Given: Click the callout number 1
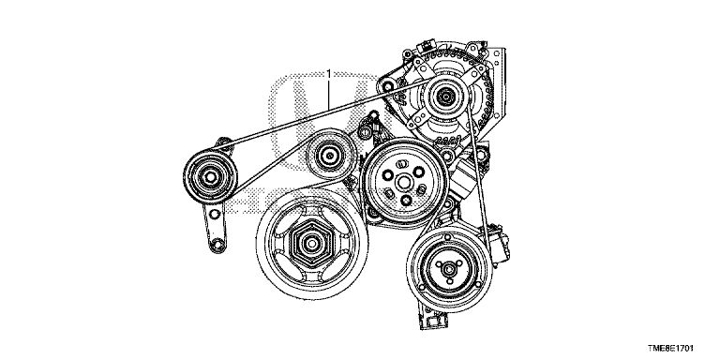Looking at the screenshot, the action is click(329, 73).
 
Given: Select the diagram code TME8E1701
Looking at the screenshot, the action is click(670, 349).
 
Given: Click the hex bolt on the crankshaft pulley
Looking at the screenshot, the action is click(312, 243).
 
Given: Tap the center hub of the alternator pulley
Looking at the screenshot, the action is click(444, 97).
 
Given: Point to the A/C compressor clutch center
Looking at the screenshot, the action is click(449, 269).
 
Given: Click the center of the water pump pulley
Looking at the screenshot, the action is click(403, 182).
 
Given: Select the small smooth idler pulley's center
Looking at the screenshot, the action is click(329, 156).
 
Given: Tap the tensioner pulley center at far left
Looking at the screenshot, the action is click(210, 177).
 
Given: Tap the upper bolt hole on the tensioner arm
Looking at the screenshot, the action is click(213, 213).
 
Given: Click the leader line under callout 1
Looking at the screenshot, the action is click(329, 93).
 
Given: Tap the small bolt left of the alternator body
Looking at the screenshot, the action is click(388, 86).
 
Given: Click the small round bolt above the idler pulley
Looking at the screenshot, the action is click(365, 134).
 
